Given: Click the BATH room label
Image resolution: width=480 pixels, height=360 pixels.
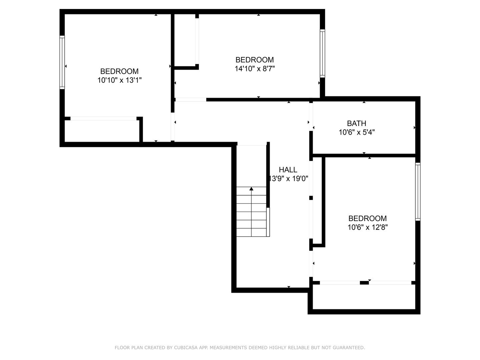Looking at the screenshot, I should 356,123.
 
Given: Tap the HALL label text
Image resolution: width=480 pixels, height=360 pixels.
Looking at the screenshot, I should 288,170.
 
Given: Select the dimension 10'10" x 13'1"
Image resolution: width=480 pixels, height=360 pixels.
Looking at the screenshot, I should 119,80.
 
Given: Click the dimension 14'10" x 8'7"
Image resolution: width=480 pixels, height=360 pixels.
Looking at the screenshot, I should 255,69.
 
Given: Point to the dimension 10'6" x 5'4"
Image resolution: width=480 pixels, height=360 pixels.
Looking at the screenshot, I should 357,132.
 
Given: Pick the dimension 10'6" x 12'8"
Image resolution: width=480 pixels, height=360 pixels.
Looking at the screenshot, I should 367,227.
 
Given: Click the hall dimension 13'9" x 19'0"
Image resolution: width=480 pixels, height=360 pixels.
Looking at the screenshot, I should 289,179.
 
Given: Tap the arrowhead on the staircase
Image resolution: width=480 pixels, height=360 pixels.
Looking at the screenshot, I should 251,189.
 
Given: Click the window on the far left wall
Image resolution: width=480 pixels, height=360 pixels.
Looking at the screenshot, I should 62,62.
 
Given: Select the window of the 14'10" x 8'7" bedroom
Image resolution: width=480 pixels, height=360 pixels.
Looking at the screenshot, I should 322,53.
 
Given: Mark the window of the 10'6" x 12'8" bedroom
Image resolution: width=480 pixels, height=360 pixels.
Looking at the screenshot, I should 418,192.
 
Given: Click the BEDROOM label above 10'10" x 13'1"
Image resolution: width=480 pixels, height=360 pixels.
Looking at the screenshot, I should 119,71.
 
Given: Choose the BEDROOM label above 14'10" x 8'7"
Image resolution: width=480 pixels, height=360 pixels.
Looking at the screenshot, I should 255,60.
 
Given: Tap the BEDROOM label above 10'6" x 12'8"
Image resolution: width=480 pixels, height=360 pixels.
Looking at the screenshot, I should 367,218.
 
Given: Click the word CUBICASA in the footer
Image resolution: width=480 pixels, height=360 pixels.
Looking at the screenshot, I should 186,348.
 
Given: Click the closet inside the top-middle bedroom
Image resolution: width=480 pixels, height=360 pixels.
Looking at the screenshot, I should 185,40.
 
